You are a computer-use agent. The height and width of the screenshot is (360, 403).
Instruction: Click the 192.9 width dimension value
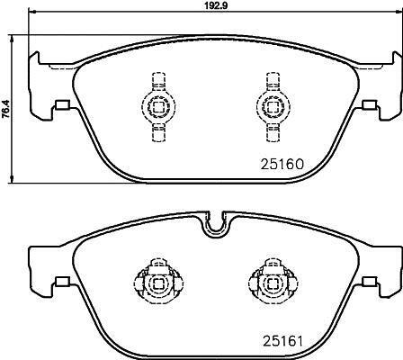point(216,5)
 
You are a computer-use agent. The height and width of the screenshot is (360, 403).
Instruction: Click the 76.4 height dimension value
point(5,109)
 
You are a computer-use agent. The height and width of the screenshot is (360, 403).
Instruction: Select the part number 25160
point(282,164)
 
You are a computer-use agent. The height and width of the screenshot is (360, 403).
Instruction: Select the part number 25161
point(282,340)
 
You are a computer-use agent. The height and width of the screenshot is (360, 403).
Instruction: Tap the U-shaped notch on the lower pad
point(215,227)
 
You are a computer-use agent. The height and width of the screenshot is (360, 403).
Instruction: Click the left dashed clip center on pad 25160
point(158,106)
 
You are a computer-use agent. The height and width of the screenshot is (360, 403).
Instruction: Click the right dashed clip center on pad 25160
point(273,106)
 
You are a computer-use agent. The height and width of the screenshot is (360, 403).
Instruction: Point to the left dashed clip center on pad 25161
point(158,283)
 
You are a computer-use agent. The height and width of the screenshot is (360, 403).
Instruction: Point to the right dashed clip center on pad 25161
point(273,283)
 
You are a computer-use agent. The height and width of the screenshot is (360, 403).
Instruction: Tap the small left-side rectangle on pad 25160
point(62,104)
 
